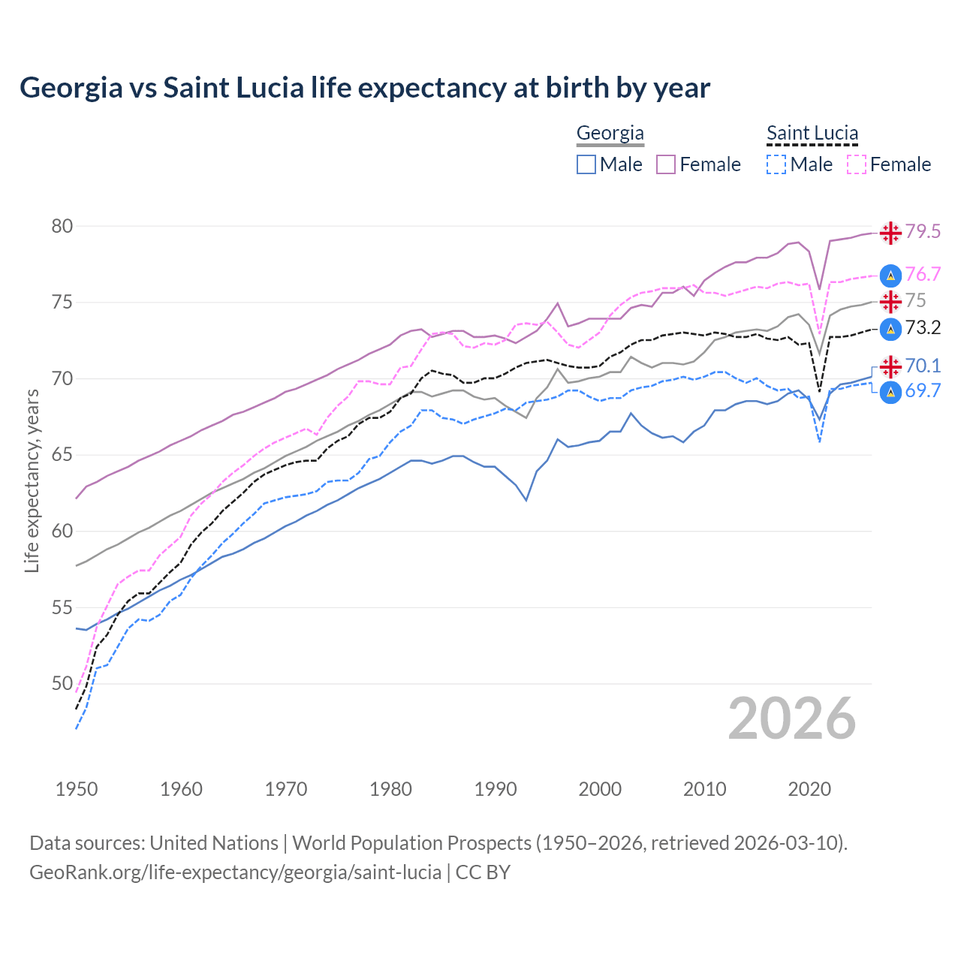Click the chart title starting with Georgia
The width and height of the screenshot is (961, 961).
pos(365,88)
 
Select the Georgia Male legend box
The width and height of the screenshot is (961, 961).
pos(586,164)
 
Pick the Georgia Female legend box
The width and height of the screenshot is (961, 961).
pos(666,164)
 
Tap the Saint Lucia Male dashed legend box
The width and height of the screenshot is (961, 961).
pos(776,164)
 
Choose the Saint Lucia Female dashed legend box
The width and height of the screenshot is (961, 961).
pos(856,164)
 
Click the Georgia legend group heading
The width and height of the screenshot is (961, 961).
pos(610,134)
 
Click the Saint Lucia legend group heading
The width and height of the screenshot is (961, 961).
pos(812,134)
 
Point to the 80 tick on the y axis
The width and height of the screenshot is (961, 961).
pos(62,226)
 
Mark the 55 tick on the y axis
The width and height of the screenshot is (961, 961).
pos(62,607)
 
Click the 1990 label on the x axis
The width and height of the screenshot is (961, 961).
pos(496,789)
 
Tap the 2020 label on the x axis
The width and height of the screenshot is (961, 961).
pos(809,789)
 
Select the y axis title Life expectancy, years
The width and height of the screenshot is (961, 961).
pos(32,480)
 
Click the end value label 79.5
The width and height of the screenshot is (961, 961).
pos(923,232)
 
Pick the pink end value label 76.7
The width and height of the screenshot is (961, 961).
pos(923,275)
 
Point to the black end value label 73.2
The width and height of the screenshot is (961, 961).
pos(923,328)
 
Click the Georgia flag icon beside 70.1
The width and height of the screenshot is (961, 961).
pos(890,366)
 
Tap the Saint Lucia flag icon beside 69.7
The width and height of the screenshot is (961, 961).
pos(890,392)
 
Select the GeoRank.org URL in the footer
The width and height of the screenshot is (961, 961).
pos(235,872)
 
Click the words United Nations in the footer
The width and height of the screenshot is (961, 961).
pos(214,843)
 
